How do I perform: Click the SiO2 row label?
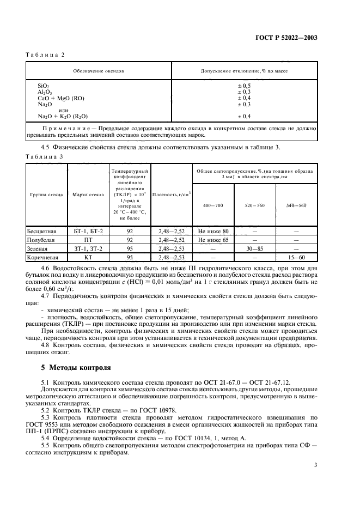pyautogui.click(x=44, y=86)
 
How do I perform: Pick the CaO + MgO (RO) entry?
pyautogui.click(x=61, y=98)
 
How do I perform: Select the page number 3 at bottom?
pyautogui.click(x=315, y=465)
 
